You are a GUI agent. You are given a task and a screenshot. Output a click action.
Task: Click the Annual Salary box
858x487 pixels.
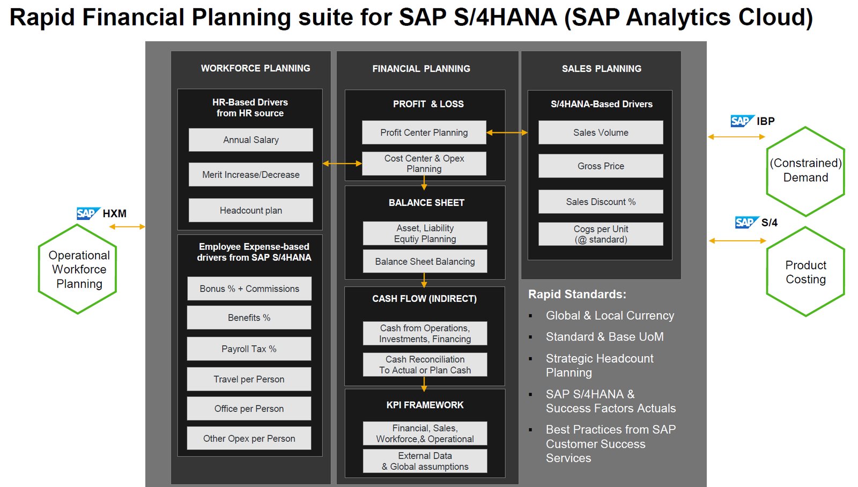(250, 140)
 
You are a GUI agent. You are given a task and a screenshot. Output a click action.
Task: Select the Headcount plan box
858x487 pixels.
(250, 210)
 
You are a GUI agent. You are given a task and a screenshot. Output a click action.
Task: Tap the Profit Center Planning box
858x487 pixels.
(424, 132)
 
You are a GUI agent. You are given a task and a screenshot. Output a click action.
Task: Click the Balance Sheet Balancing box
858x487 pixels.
(425, 262)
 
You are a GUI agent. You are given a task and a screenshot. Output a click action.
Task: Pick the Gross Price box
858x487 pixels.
(601, 166)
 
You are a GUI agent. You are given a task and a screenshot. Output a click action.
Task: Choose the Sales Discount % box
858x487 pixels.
(601, 202)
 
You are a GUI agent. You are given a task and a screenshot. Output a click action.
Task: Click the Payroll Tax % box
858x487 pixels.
(249, 349)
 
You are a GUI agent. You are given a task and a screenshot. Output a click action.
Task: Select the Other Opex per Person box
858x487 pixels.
(249, 438)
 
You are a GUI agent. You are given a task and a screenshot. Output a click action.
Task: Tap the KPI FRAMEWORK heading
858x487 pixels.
(425, 405)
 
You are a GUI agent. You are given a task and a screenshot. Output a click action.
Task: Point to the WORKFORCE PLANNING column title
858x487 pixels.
(255, 68)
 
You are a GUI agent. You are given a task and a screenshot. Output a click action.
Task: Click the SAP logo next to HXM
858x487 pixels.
(87, 213)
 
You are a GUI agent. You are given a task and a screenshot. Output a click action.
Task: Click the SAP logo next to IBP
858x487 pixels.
(742, 121)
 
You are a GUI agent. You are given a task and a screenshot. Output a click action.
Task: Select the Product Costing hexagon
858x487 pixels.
(805, 272)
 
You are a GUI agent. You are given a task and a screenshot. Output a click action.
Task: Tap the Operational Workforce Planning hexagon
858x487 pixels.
(78, 269)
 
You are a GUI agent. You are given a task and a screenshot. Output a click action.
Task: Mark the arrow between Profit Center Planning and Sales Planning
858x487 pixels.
(507, 132)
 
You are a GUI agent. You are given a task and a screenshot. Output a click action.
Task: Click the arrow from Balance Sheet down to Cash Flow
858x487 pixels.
(424, 281)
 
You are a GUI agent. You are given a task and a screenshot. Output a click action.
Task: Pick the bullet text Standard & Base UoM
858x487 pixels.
(604, 337)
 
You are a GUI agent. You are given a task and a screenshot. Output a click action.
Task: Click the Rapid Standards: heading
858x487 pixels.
(577, 294)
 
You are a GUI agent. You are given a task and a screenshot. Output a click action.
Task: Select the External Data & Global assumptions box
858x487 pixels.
(425, 461)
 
